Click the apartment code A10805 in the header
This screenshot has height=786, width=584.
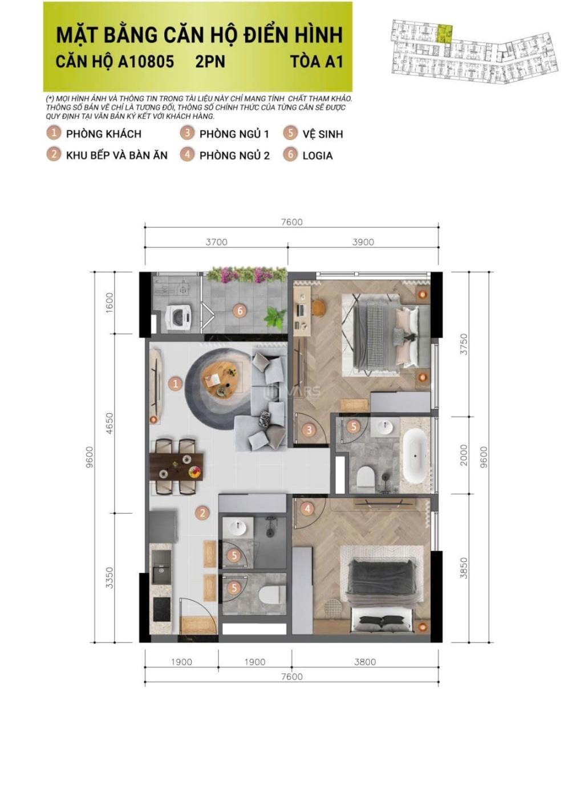[x=146, y=62]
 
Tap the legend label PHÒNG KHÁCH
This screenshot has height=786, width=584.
[x=104, y=134]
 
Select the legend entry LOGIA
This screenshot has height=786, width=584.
[x=317, y=156]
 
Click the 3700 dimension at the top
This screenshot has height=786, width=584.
[x=216, y=242]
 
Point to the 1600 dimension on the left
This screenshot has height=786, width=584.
[x=109, y=302]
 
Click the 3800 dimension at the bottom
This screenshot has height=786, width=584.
[x=365, y=662]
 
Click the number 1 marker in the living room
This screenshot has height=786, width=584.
[x=175, y=383]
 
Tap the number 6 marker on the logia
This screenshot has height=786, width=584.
[x=240, y=311]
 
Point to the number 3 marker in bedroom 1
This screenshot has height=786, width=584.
[x=309, y=430]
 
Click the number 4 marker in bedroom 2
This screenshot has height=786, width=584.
[x=307, y=509]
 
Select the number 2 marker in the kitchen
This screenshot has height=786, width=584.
[x=202, y=513]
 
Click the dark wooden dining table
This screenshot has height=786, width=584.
[x=176, y=467]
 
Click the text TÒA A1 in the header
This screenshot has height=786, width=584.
[x=317, y=62]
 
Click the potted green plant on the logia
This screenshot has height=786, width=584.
[x=275, y=316]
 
